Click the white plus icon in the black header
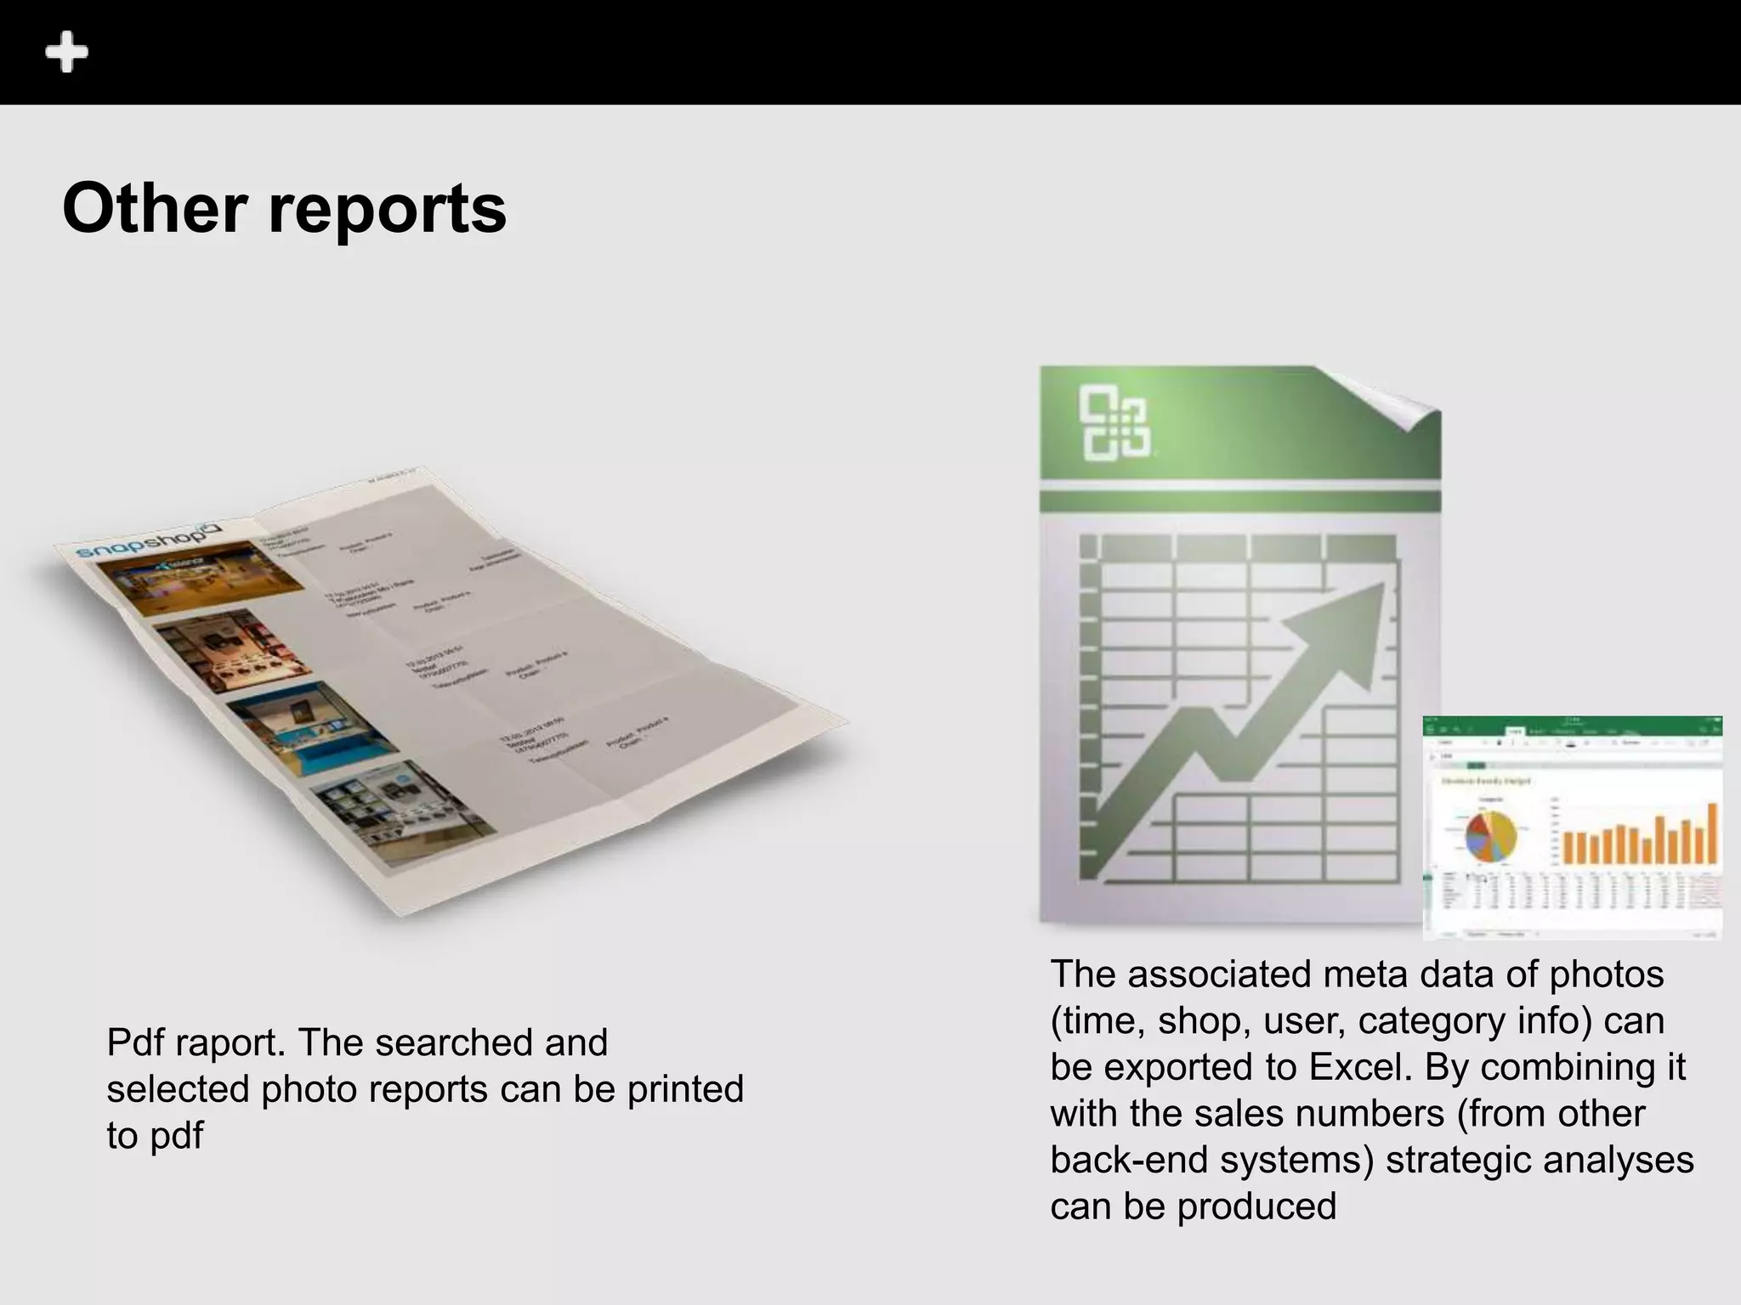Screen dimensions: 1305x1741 (66, 53)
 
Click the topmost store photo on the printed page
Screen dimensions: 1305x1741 (201, 577)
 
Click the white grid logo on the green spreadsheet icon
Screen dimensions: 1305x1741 (1114, 423)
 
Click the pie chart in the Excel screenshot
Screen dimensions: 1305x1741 (1490, 836)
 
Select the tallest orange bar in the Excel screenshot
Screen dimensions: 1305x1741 (1712, 833)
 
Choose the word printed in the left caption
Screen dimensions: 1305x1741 (685, 1089)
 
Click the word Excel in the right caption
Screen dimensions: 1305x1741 (1360, 1067)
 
